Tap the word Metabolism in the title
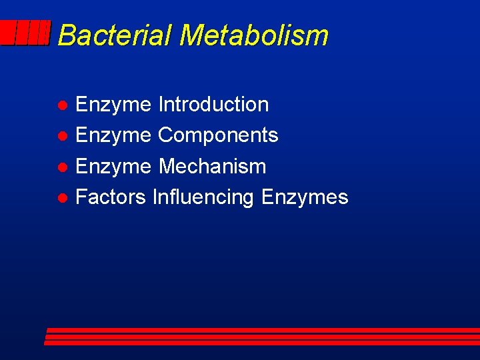[x=254, y=35]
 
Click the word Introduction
[x=213, y=105]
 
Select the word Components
[x=218, y=135]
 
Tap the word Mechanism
[x=212, y=166]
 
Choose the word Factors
[x=111, y=197]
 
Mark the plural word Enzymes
[x=305, y=197]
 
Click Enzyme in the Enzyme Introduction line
[x=113, y=105]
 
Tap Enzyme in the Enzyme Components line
[x=113, y=135]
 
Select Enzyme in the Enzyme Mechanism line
[x=113, y=166]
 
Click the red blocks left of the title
[x=25, y=33]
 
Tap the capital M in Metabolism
[x=191, y=35]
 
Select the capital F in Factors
[x=81, y=197]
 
